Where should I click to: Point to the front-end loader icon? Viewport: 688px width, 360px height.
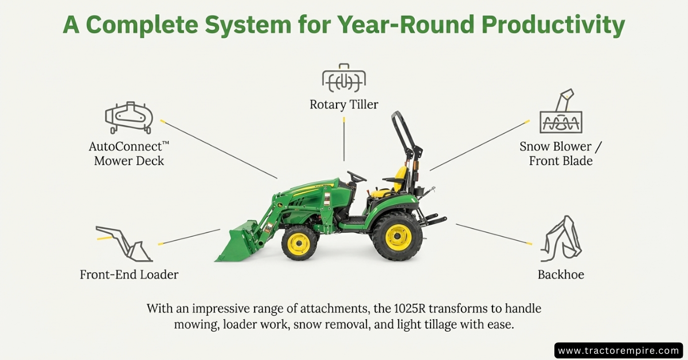(123, 243)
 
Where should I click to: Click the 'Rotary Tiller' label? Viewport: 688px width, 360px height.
(344, 104)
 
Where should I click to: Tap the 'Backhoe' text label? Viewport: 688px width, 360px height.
(561, 275)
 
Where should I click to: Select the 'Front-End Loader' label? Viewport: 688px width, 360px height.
(129, 275)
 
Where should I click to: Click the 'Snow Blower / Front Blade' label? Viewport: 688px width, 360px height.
(561, 154)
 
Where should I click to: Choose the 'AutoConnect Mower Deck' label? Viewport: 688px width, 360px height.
(129, 154)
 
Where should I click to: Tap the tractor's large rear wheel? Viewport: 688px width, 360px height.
(397, 236)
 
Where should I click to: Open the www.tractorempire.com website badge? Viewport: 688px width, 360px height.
(618, 350)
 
